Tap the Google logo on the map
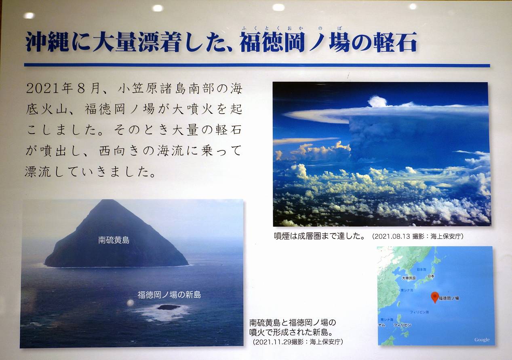tap(482, 340)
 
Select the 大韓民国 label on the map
tap(409, 278)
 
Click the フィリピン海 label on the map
tap(419, 312)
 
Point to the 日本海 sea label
tap(421, 270)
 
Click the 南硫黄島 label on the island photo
tap(114, 240)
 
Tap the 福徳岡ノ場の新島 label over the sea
tap(169, 295)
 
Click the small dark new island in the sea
tap(169, 307)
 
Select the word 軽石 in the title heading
tap(395, 42)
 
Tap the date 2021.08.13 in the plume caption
tap(393, 236)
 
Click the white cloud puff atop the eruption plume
tap(377, 102)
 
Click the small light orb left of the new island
tap(130, 303)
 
